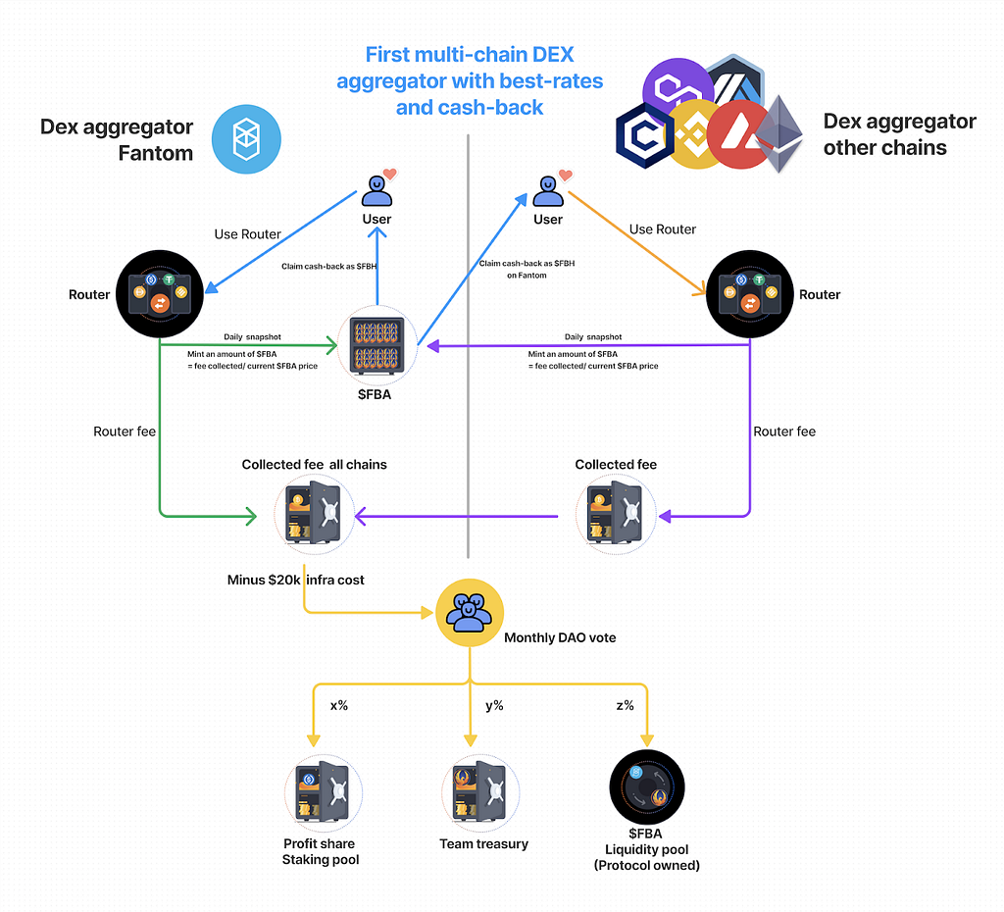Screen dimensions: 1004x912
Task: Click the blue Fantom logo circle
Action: (x=246, y=139)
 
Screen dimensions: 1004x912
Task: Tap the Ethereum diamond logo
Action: (x=778, y=133)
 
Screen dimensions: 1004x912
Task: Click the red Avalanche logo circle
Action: (x=740, y=134)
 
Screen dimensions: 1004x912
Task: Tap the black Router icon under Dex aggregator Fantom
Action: (x=160, y=294)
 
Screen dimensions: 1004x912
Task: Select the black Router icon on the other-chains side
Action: (x=750, y=294)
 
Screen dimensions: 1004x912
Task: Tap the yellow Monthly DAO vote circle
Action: (x=470, y=613)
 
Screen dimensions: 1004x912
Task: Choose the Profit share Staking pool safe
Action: (x=324, y=793)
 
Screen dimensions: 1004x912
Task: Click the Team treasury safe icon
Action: (x=480, y=793)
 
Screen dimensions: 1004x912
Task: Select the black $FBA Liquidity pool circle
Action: (x=647, y=787)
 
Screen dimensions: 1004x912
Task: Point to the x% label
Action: (x=338, y=705)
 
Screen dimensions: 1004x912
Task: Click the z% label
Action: (x=625, y=705)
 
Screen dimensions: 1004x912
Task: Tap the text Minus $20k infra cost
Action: (x=296, y=580)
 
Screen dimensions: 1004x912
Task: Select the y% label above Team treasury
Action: (x=494, y=706)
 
